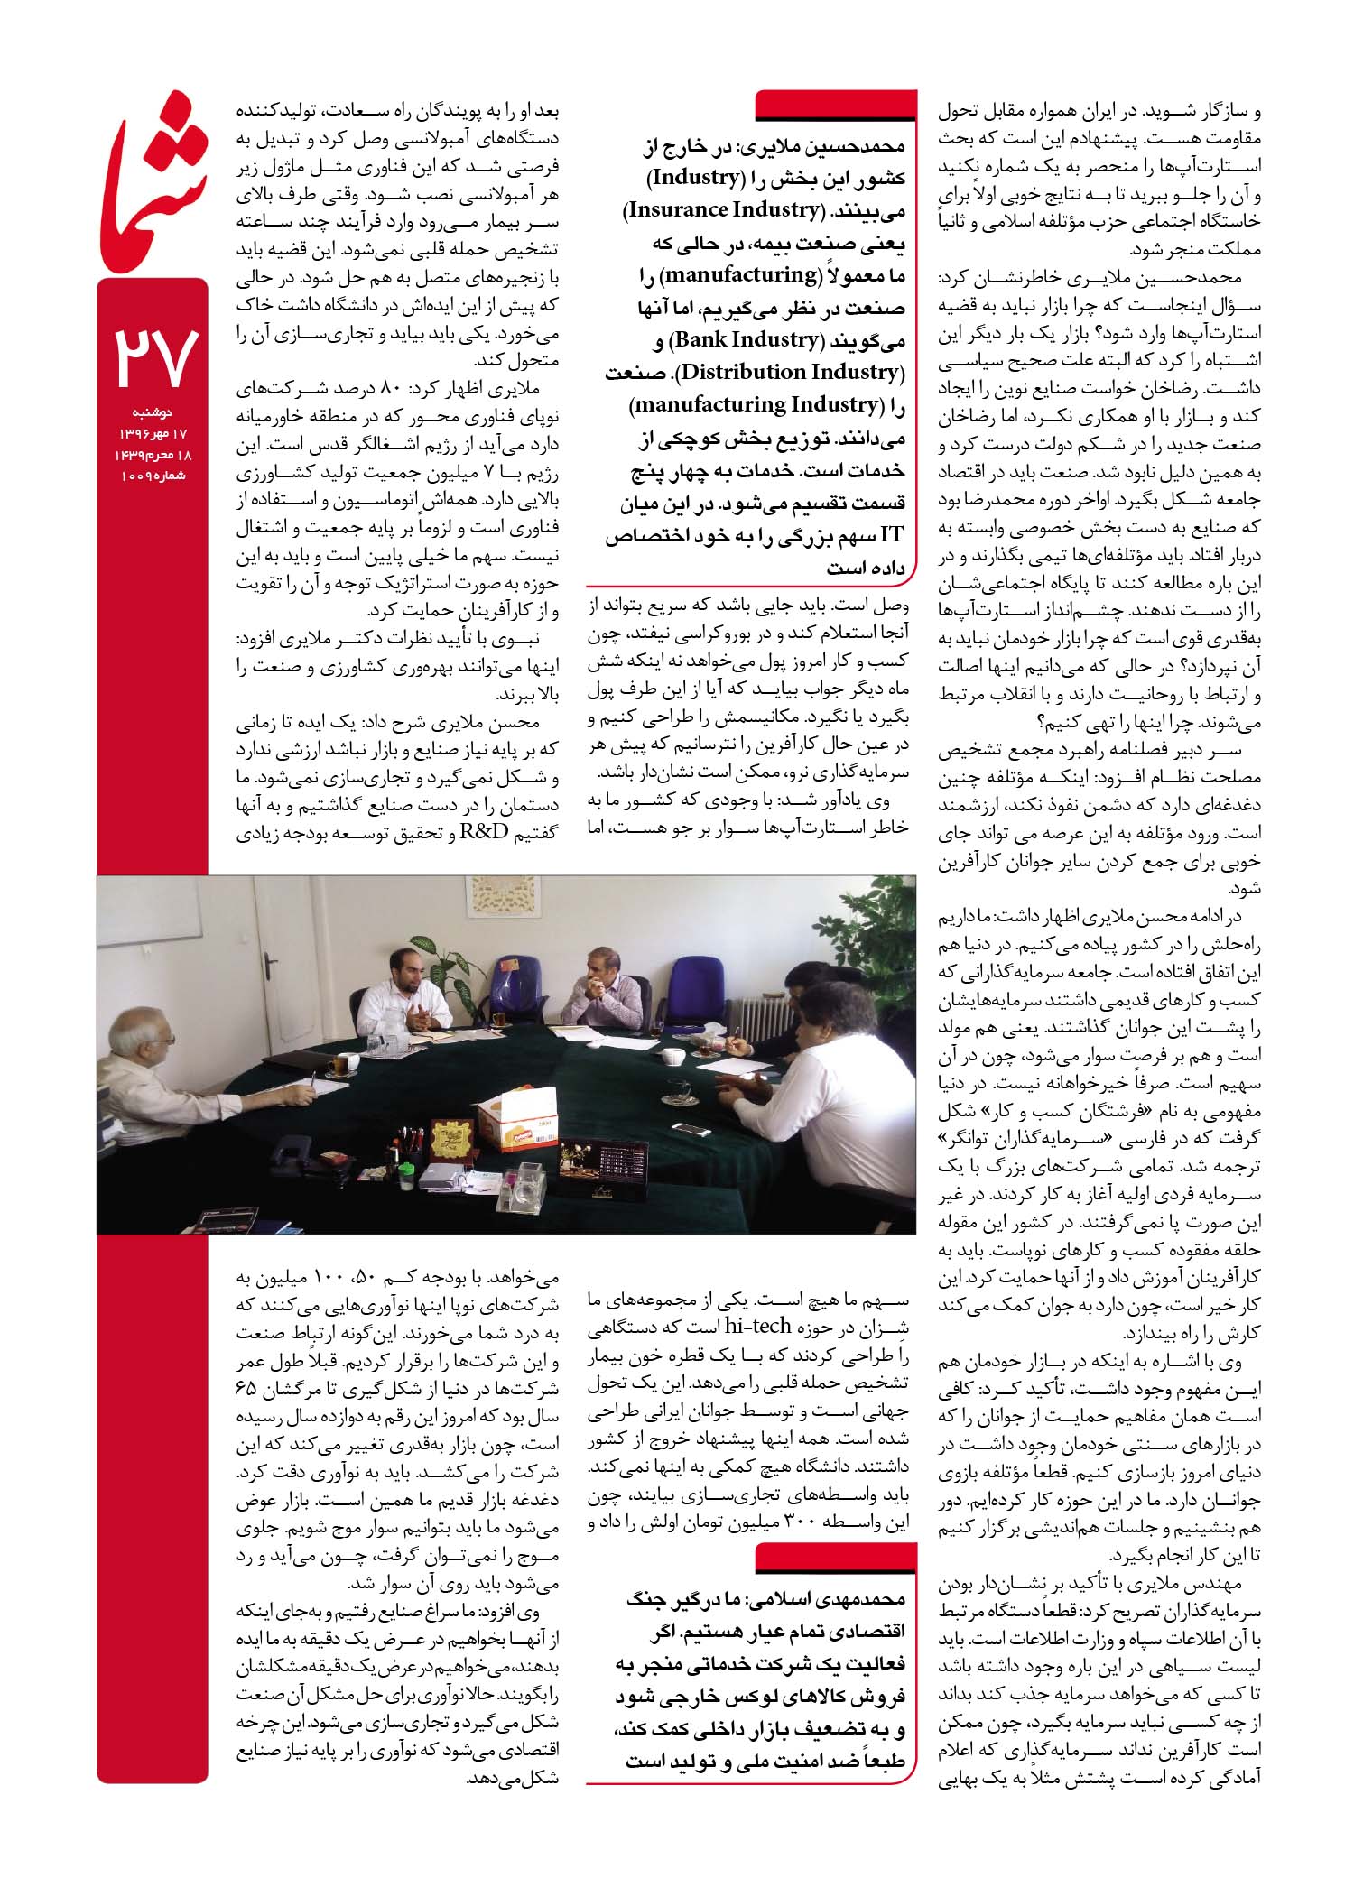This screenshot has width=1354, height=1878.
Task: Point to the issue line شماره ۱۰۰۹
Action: coord(153,475)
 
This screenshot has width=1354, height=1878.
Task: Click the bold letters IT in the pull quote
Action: coord(891,535)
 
